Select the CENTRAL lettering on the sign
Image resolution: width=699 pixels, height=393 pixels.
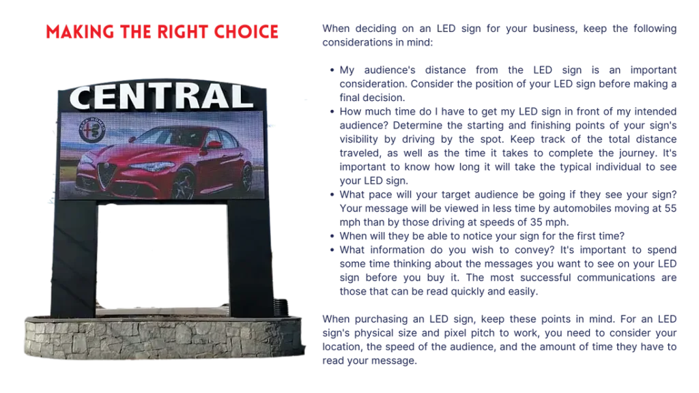pos(162,96)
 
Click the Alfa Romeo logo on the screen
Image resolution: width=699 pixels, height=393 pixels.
pos(92,130)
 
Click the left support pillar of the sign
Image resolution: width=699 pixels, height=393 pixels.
pos(74,259)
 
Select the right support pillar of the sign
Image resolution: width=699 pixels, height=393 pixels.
pos(250,259)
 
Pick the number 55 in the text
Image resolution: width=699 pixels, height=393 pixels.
pos(670,209)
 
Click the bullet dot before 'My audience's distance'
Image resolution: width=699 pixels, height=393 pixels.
pos(332,70)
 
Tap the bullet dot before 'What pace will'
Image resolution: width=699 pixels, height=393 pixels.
pos(332,194)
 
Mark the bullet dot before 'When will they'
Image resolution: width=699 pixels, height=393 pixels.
pos(332,236)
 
